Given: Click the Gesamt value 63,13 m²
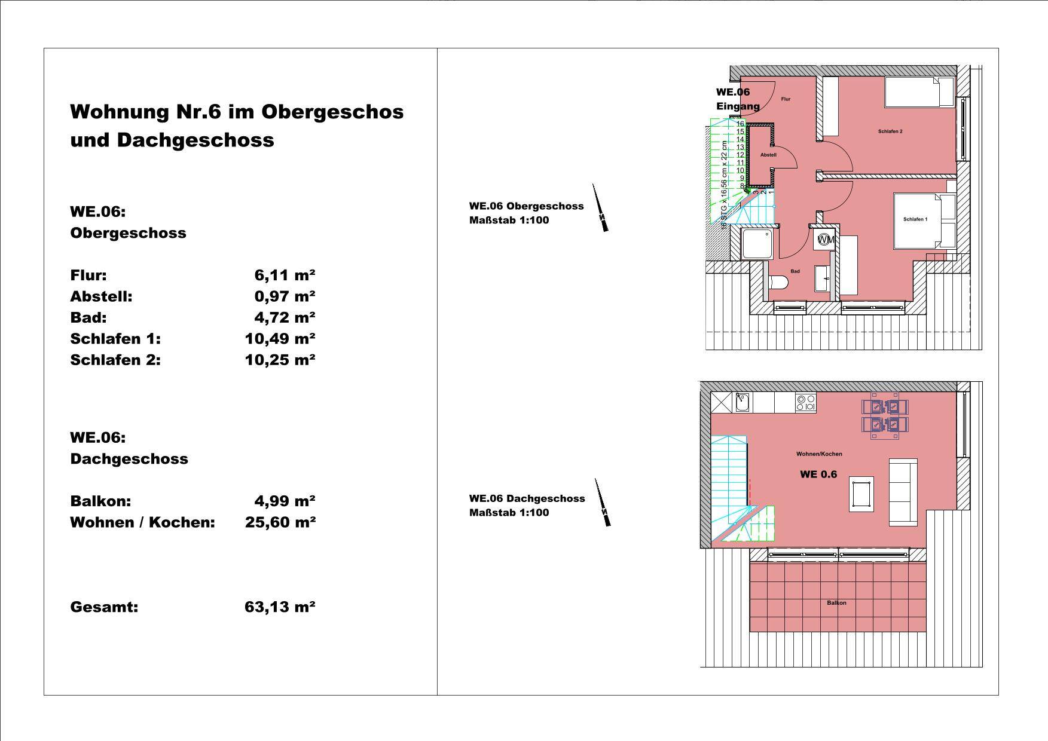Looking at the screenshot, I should point(280,607).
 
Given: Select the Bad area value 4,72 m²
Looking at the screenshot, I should point(285,317).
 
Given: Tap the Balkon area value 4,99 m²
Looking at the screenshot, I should point(285,501).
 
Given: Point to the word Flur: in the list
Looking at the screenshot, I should point(88,275).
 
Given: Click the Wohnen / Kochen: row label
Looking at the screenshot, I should point(142,522).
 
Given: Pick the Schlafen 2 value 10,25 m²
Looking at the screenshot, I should point(280,360).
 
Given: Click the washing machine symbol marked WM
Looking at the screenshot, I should point(824,240).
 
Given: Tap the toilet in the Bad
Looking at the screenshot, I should point(776,283).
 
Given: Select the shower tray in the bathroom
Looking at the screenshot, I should point(758,244).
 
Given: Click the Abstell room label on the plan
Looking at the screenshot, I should point(768,155).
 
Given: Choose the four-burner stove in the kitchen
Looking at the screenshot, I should point(805,403).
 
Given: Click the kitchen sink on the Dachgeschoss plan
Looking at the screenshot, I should point(742,403).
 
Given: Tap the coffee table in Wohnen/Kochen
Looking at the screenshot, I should point(861,494).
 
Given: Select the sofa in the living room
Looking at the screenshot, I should point(903,492).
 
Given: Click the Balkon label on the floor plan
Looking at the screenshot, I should point(836,602).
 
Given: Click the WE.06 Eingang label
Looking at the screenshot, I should point(738,99).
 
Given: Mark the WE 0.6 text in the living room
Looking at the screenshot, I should point(818,474).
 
